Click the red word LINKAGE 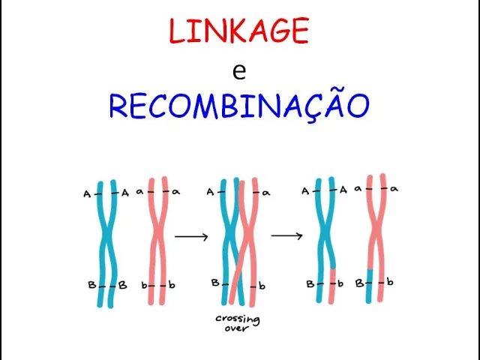pos(238,31)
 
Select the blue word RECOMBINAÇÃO pos(239,106)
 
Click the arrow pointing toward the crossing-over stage pos(191,237)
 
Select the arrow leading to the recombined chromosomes pos(286,236)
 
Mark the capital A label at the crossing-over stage pos(211,192)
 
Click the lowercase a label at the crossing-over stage pos(266,193)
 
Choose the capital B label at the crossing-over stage pos(215,283)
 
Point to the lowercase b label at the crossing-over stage pos(263,285)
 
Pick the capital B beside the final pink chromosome pos(360,283)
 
